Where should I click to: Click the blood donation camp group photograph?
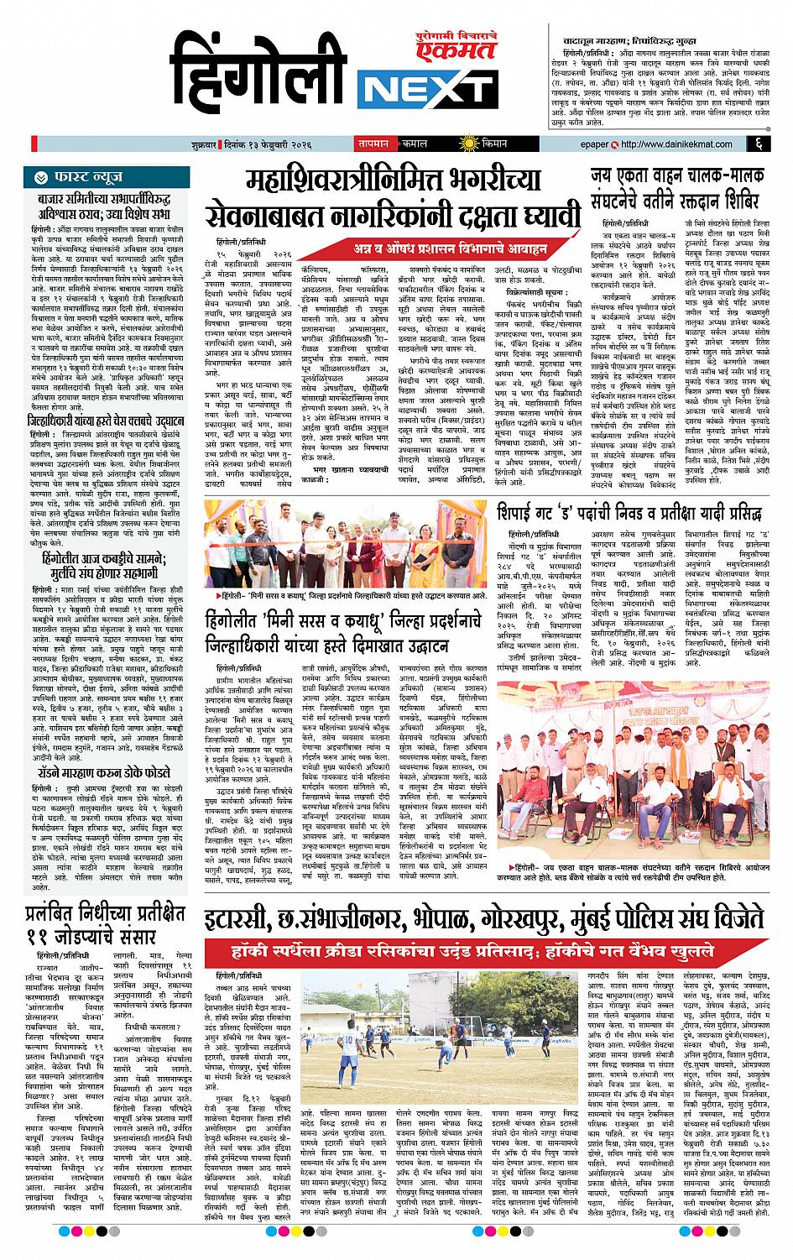[x=639, y=763]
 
